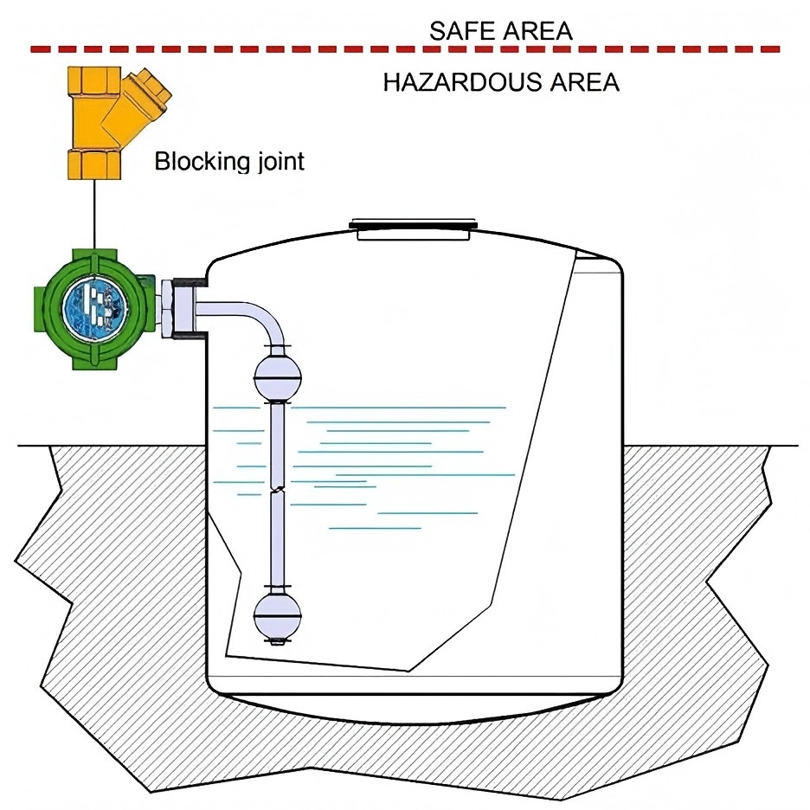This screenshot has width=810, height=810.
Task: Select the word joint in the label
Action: point(273,161)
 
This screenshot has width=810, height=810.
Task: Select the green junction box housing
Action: point(94,309)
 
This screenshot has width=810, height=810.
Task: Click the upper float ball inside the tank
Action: point(278,377)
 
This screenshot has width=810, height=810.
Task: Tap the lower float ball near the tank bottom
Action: point(278,615)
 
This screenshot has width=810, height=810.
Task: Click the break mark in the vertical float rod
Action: point(278,488)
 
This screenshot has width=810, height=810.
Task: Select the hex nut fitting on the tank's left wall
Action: point(169,308)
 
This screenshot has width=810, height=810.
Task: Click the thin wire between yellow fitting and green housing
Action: point(94,215)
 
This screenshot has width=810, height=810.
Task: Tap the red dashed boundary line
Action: point(405,49)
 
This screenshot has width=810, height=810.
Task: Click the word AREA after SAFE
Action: point(537,31)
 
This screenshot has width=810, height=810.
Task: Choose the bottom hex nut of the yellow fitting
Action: point(94,164)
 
